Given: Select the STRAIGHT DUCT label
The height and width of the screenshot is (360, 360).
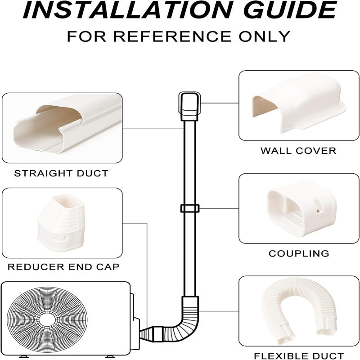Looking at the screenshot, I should click(x=61, y=173).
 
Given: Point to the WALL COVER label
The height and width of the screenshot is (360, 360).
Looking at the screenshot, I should click(x=298, y=151).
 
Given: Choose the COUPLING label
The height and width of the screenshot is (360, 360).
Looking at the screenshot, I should click(x=298, y=253).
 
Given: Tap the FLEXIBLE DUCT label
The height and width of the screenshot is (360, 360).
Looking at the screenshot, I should click(x=298, y=355).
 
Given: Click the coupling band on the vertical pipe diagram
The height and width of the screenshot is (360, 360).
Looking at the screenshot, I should click(x=189, y=209).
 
